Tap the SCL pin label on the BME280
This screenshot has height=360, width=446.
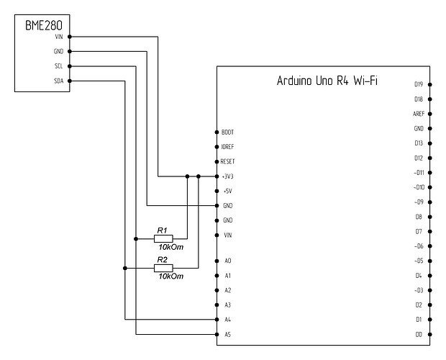coord(59,66)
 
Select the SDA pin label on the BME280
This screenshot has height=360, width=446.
coord(59,81)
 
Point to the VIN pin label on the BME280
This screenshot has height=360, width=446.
coord(59,37)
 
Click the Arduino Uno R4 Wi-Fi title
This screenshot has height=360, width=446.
coord(329,81)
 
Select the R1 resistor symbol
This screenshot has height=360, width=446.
coord(163,238)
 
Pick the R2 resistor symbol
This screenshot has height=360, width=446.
coord(163,268)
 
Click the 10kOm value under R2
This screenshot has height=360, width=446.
coord(170,277)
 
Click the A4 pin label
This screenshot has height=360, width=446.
coord(228,320)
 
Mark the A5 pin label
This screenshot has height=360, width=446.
coord(228,335)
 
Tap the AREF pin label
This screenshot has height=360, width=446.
coord(418,114)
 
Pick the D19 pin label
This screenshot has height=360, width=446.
coord(419,84)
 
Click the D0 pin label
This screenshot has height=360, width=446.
coord(419,335)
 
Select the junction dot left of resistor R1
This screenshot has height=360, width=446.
coord(136,238)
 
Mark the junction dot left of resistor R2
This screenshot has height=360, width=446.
coord(125,268)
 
